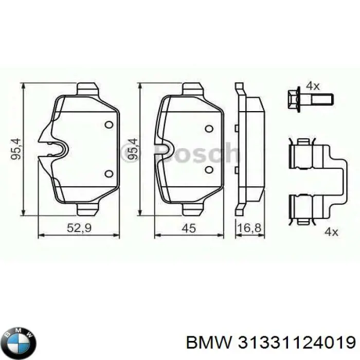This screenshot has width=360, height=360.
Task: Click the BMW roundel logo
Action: click(20, 343)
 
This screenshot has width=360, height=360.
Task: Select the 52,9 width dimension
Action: click(79, 228)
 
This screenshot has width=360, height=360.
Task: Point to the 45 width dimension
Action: click(189, 228)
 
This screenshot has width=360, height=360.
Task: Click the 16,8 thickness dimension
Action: click(249, 228)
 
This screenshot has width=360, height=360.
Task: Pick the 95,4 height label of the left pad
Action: click(16, 149)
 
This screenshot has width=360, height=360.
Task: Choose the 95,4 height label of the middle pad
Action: click(133, 149)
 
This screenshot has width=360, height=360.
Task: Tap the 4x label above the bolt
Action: click(313, 86)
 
